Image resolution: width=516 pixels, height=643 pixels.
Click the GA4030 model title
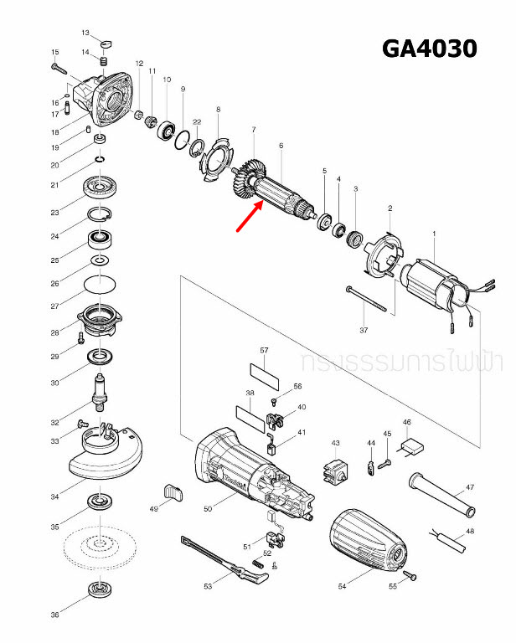click(x=430, y=49)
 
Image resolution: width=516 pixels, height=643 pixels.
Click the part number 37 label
click(x=364, y=331)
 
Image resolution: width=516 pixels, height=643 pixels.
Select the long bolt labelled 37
click(x=364, y=299)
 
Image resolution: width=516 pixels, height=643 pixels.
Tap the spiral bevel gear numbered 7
click(x=249, y=179)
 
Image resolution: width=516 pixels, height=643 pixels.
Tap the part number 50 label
click(x=208, y=508)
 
